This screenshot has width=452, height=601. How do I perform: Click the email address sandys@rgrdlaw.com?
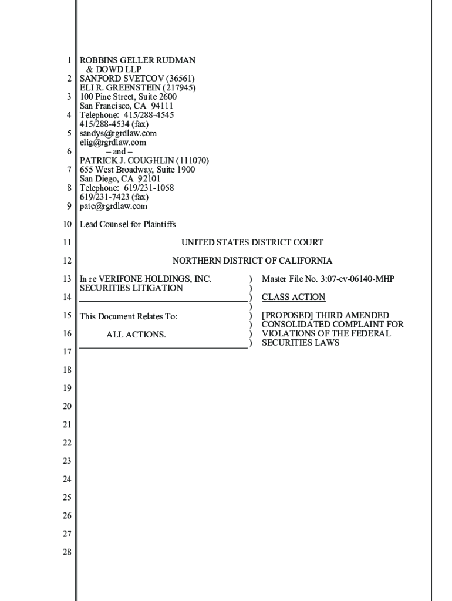click(118, 133)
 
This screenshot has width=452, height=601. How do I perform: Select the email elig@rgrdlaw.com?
click(113, 142)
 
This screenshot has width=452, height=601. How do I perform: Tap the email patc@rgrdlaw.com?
click(113, 206)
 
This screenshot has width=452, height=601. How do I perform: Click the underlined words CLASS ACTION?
click(293, 297)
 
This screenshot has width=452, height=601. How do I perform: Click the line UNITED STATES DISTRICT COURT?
click(252, 242)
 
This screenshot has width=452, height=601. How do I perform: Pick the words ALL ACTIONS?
click(136, 335)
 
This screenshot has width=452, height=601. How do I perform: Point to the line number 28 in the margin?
click(67, 552)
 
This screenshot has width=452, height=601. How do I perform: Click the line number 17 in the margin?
click(67, 352)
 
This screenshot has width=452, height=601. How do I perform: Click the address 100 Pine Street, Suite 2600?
click(128, 97)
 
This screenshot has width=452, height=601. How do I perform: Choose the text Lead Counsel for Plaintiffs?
click(127, 224)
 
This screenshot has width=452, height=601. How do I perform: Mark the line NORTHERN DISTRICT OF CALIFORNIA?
click(252, 261)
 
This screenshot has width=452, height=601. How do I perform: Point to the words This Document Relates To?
click(128, 316)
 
